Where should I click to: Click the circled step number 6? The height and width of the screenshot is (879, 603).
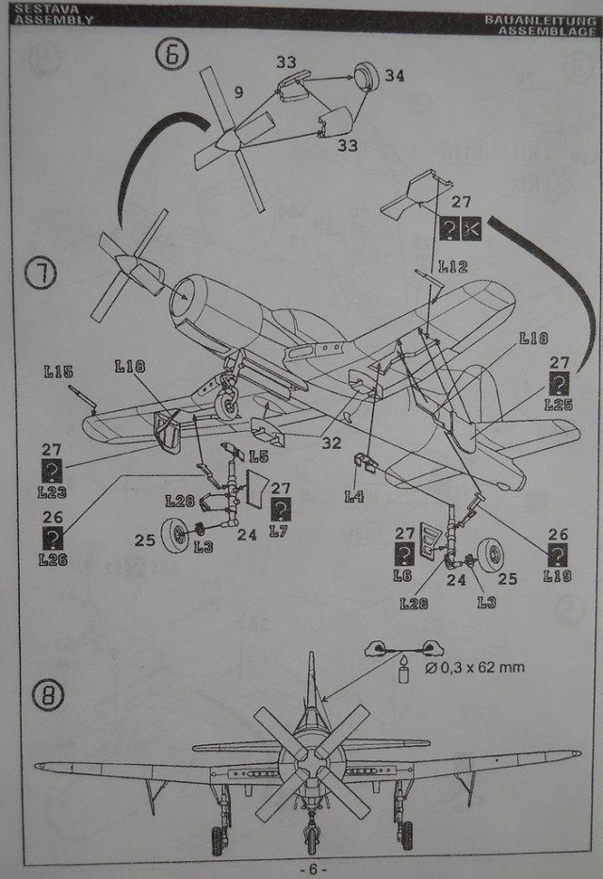171,55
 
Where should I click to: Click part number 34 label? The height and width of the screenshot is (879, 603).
394,75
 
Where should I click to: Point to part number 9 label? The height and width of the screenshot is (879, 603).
238,92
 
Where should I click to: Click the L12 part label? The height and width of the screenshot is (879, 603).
452,267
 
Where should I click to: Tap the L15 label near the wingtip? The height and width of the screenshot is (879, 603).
57,372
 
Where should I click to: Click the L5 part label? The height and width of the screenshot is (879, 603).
258,456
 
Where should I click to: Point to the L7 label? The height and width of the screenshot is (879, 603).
278,531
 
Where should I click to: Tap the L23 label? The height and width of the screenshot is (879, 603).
53,491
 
